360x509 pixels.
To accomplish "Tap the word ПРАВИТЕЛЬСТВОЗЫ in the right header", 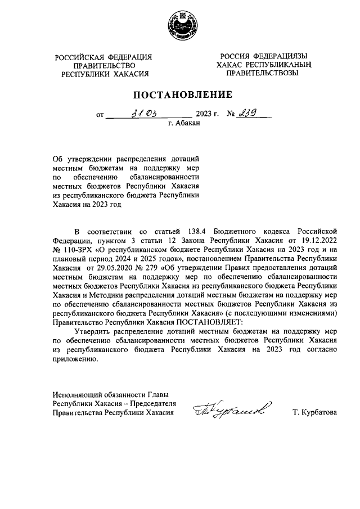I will pos(259,73).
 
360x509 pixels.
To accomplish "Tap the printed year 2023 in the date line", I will pos(204,114).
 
